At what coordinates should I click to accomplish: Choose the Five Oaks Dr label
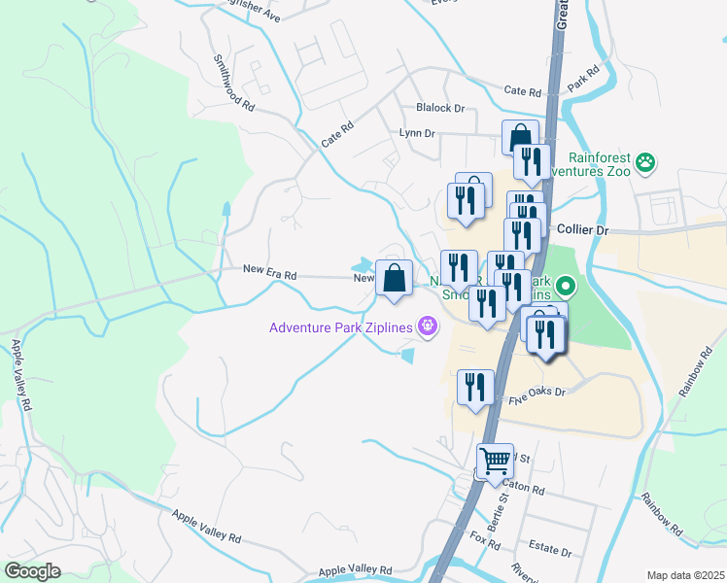(x=536, y=393)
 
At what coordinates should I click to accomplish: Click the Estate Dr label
(x=549, y=551)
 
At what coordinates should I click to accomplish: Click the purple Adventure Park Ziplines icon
(x=427, y=326)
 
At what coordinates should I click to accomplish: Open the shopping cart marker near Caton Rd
(x=496, y=461)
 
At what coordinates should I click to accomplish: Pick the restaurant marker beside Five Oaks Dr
(x=475, y=387)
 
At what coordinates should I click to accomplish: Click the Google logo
(x=32, y=571)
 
